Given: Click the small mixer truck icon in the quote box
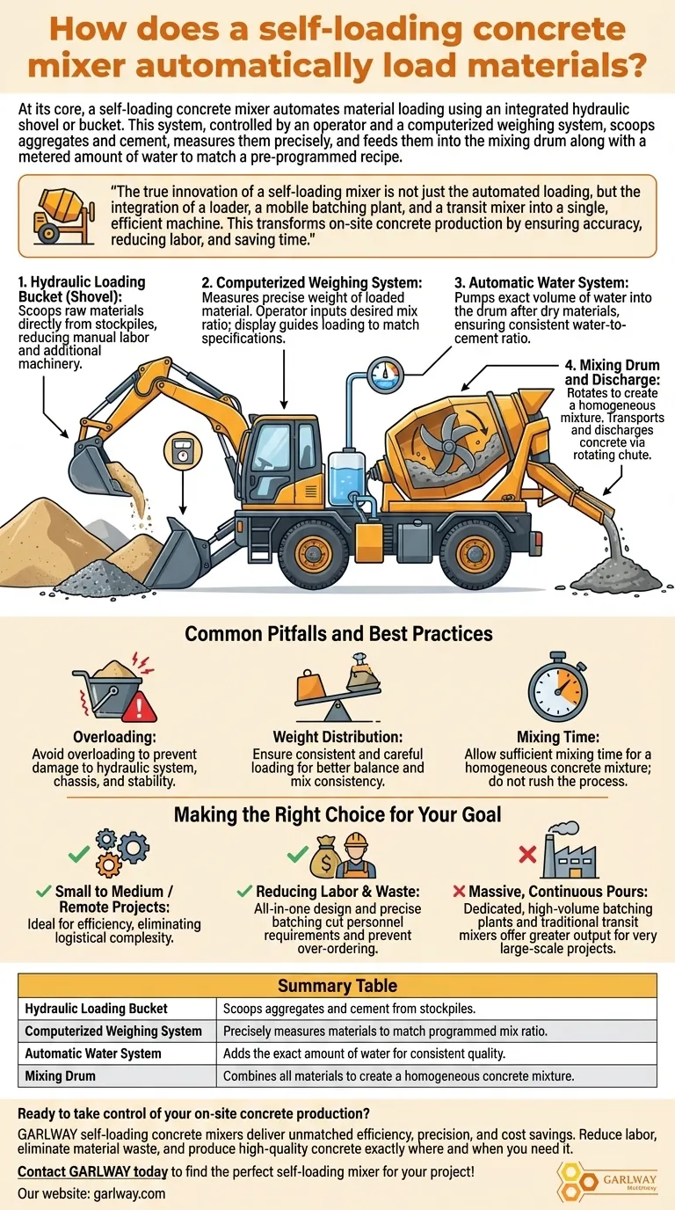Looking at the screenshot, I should [61, 216].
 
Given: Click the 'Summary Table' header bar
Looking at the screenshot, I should [337, 985].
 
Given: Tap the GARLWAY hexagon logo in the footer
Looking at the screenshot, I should [576, 1178].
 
